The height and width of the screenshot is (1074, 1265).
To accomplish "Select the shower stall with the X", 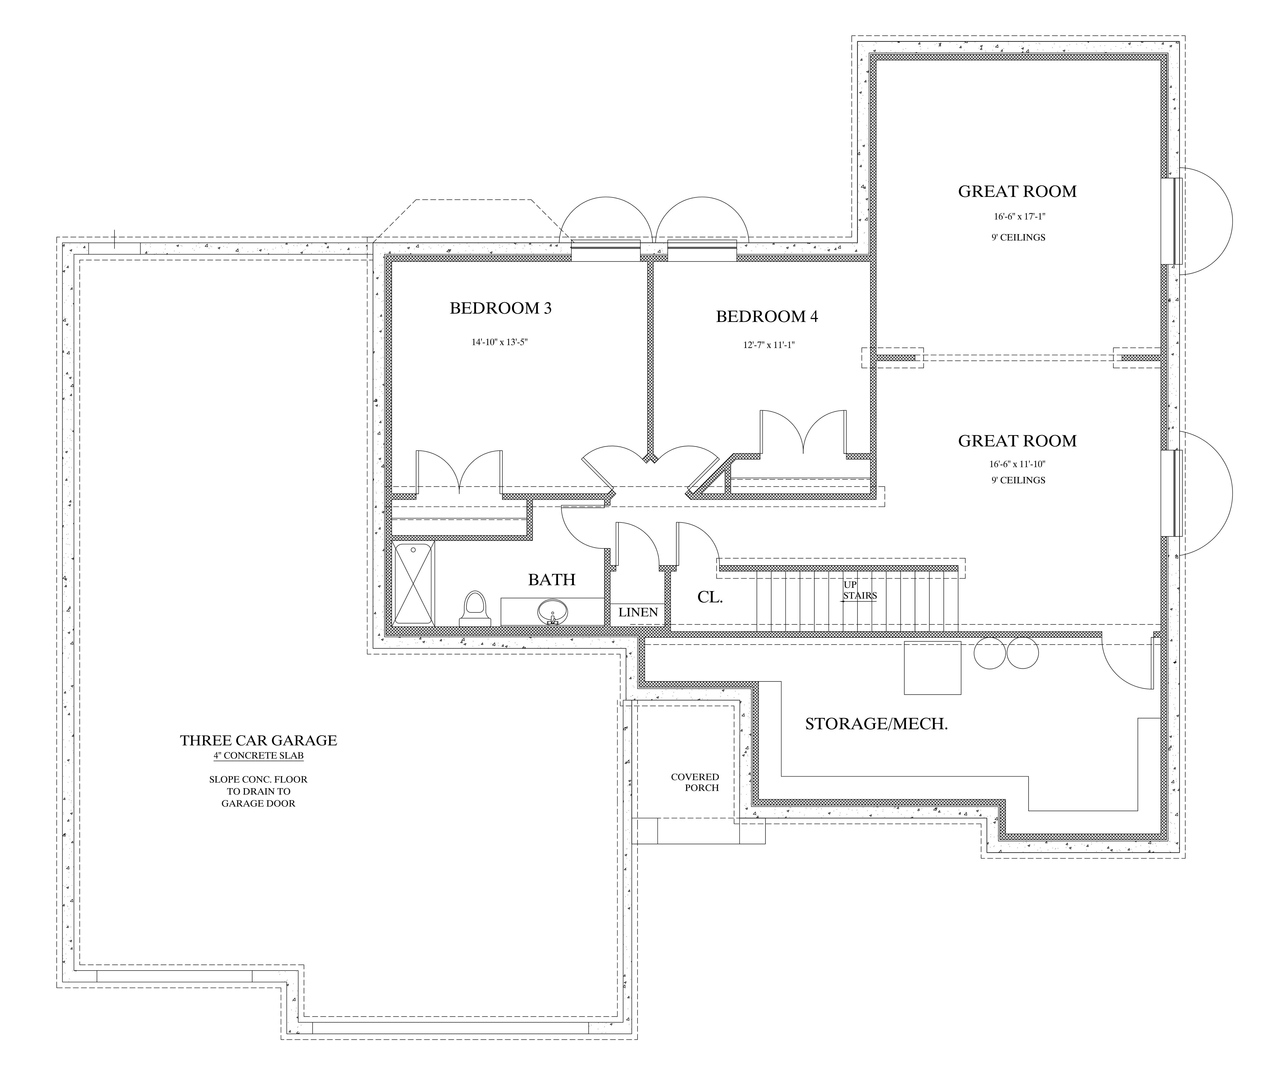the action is pos(413,583).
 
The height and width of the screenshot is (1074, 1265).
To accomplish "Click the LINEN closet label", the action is pos(638,612).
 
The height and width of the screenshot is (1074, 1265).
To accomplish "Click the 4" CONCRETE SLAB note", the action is pos(258,756).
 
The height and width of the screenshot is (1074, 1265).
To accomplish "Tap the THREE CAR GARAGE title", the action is pos(258,740).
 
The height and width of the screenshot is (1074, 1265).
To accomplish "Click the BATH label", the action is pos(552,580).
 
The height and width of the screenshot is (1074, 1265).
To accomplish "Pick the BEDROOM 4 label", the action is pos(767,317).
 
